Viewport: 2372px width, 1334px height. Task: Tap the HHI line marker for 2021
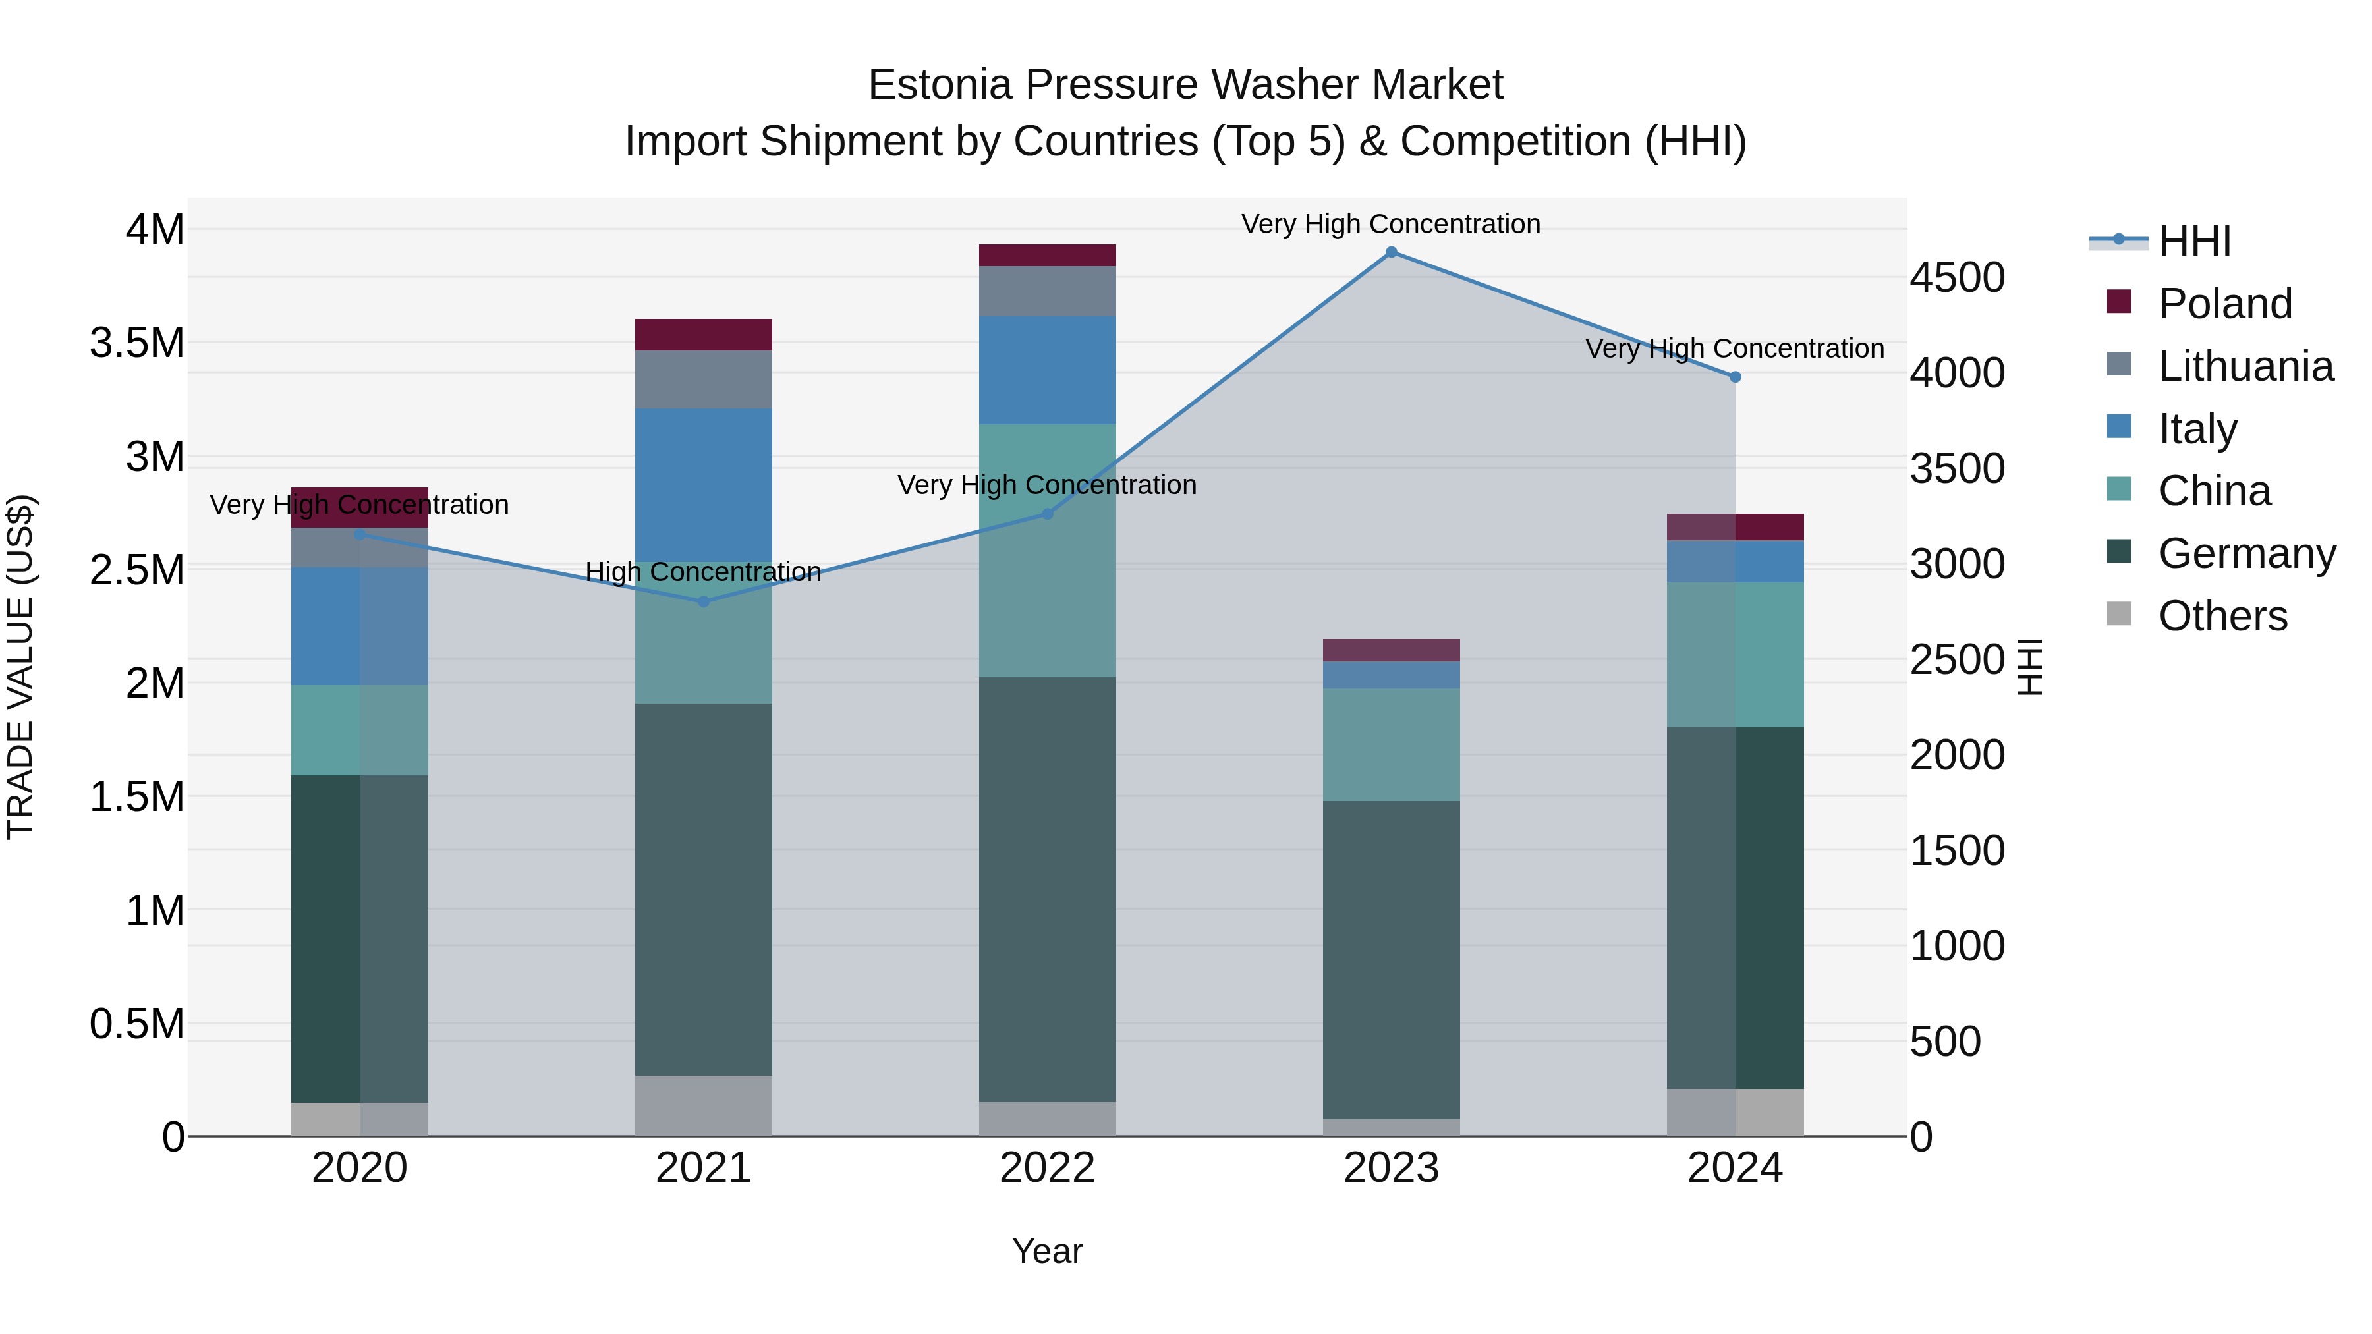pos(704,601)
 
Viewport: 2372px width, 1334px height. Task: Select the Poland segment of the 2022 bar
pos(1047,255)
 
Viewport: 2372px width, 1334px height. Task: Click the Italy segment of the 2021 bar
pos(704,484)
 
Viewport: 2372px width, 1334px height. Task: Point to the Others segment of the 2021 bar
pos(704,1105)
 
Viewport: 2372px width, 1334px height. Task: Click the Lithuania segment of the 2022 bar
pos(1047,291)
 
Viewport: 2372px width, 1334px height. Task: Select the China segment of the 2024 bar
pos(1735,655)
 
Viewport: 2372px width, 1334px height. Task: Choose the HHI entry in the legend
pos(2193,241)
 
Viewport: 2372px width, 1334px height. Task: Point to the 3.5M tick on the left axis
pos(137,343)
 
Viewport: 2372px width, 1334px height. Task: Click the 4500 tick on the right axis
pos(1957,277)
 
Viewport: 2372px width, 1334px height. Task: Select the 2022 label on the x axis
pos(1047,1168)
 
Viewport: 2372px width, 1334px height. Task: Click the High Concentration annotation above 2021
pos(704,572)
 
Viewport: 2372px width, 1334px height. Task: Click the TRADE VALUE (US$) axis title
pos(20,667)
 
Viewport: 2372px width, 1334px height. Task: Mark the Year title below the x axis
pos(1047,1251)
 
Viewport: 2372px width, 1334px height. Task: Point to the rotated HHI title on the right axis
pos(2029,667)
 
